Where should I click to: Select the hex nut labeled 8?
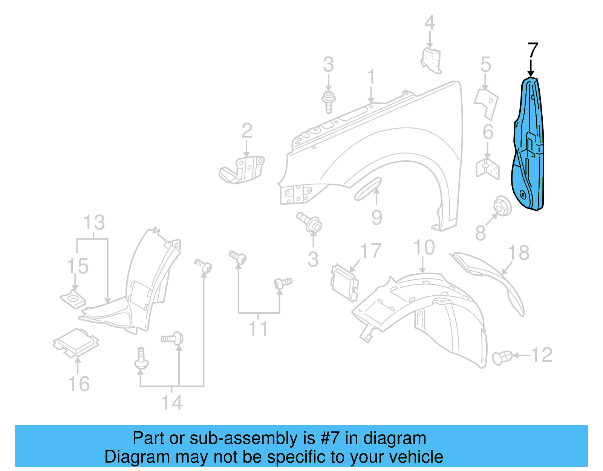(502, 206)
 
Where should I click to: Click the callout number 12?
(542, 355)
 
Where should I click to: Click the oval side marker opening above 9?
(368, 188)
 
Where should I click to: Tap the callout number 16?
(79, 384)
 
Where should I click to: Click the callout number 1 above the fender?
(372, 77)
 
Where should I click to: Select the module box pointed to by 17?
(344, 282)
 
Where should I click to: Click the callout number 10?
(424, 248)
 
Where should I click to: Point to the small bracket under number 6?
(488, 168)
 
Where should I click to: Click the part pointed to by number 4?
(431, 59)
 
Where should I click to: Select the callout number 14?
(172, 402)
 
